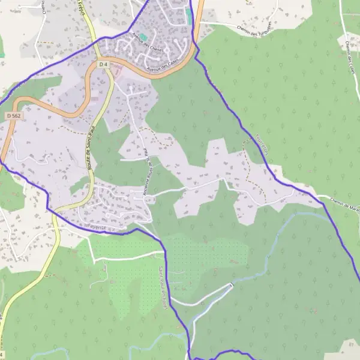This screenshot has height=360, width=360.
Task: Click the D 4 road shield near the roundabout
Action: click(103, 64)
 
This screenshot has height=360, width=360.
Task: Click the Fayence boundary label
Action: click(96, 227)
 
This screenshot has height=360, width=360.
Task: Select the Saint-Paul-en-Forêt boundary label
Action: click(163, 289)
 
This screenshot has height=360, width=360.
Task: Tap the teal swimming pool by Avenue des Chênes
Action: click(143, 37)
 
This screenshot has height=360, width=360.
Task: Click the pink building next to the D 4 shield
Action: click(116, 72)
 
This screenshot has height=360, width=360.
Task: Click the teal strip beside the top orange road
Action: click(190, 17)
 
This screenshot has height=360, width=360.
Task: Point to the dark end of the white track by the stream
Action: click(231, 284)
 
